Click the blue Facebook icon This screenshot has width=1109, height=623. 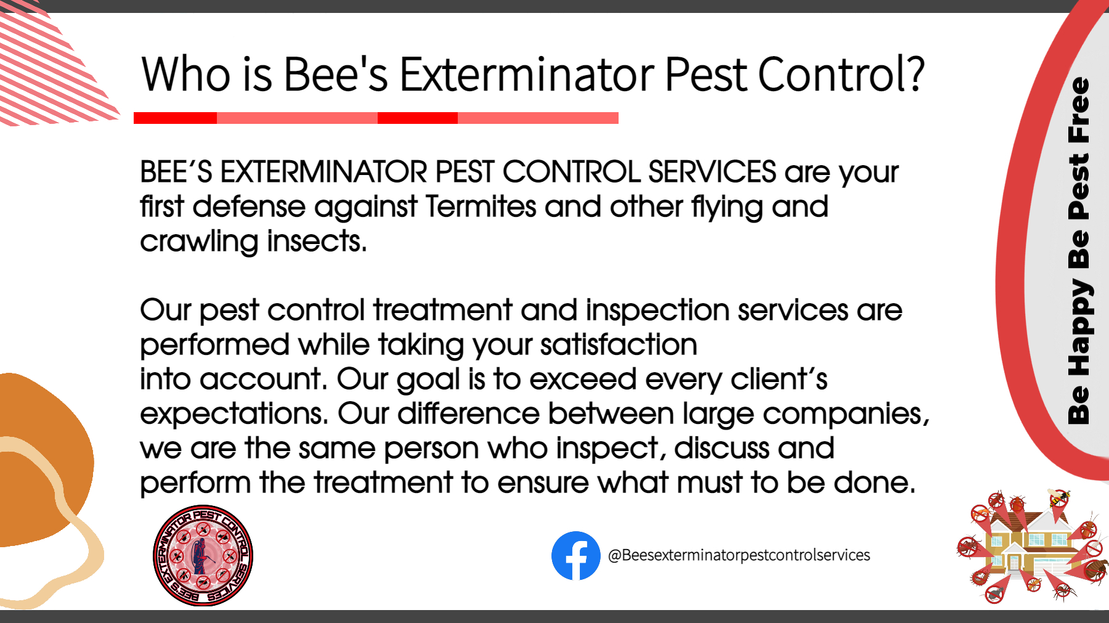pos(575,556)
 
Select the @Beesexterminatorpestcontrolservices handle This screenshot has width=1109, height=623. pos(739,555)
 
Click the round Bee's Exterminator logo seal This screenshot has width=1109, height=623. pos(203,556)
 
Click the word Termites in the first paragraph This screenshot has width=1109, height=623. pos(481,206)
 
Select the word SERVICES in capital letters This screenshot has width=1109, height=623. pos(712,171)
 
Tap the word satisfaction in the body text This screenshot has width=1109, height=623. pos(619,344)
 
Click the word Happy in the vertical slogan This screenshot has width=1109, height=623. pos(1079,327)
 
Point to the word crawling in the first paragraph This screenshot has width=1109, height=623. pos(199,242)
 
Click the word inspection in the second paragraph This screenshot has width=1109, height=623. pos(657,310)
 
